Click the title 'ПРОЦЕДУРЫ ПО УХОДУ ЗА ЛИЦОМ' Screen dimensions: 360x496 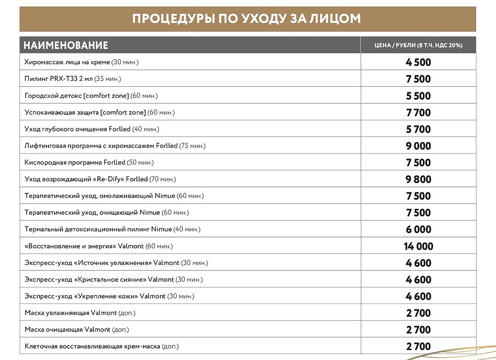247,19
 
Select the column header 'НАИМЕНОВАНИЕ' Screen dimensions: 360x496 66,45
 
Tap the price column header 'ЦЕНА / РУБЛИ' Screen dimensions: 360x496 418,45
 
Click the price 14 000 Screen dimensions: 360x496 418,246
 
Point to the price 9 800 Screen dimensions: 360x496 418,179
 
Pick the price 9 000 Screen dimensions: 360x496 418,146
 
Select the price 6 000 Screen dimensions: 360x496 418,229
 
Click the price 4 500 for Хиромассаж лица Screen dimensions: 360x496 418,62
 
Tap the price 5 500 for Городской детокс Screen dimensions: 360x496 418,96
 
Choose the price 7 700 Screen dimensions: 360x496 418,112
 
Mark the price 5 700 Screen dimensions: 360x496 418,129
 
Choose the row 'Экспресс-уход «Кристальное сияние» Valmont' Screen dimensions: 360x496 113,279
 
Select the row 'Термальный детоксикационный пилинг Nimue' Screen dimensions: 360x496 113,229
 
